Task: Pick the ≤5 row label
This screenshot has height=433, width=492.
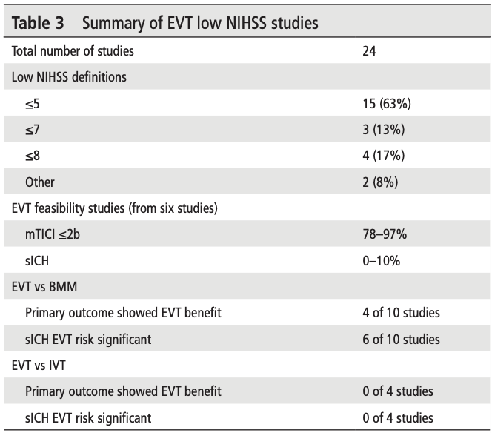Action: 33,104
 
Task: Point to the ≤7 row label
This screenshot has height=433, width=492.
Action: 33,130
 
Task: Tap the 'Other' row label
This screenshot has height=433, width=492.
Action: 39,182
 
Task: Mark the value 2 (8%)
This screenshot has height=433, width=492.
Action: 379,182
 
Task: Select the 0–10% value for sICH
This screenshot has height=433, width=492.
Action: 379,260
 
